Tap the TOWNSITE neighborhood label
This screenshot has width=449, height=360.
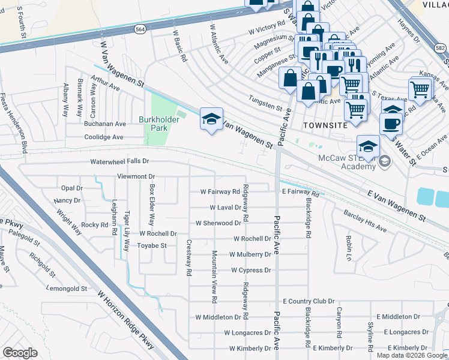(325, 125)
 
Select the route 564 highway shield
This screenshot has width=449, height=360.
(139, 28)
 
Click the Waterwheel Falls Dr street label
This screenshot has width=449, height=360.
(119, 162)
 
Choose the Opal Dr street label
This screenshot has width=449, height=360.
(71, 188)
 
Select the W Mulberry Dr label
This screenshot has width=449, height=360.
(246, 254)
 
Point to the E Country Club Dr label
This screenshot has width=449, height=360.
(308, 301)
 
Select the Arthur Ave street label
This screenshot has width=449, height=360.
(105, 83)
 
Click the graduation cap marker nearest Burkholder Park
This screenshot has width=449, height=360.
(211, 119)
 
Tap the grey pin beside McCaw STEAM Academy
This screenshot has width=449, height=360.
(384, 160)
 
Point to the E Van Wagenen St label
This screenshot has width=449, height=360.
(396, 205)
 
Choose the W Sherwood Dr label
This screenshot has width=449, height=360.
(218, 223)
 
